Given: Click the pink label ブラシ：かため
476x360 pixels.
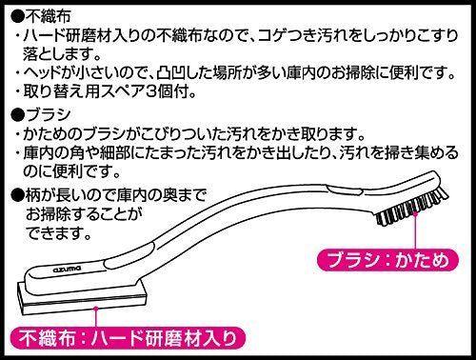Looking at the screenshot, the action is coord(387,260).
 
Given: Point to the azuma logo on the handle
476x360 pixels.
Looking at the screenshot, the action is coord(68,269).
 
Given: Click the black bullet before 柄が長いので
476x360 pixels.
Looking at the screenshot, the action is coord(17,194).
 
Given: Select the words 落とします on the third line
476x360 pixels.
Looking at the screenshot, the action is coord(57,54).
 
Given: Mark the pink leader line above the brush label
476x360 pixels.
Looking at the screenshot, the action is coord(415,230).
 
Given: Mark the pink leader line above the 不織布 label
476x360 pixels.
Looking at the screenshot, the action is coord(94,317).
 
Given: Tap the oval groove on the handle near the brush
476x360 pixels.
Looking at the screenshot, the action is coord(346,191).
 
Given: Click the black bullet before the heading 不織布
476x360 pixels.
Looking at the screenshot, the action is coord(17,16).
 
